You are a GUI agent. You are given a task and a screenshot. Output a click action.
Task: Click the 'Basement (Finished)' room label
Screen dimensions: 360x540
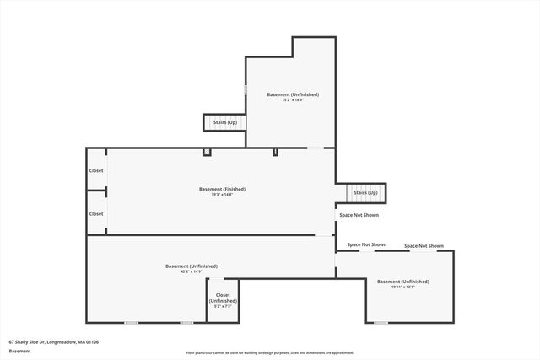(x=222, y=189)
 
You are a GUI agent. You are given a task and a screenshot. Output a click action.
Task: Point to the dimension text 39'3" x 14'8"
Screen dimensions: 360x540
(x=222, y=195)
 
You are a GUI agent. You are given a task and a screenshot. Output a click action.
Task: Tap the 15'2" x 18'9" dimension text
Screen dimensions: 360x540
(x=293, y=99)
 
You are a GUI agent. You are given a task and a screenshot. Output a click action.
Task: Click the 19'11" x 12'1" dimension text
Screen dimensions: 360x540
(x=402, y=287)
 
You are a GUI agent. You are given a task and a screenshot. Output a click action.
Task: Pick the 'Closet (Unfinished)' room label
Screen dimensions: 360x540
(x=223, y=298)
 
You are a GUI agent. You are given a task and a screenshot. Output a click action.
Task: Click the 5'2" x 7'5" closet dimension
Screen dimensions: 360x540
(x=223, y=306)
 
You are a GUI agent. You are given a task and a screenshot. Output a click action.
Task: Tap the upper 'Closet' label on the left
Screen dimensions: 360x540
(x=96, y=171)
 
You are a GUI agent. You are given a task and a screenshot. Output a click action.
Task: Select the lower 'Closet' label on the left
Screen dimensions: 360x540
(x=96, y=213)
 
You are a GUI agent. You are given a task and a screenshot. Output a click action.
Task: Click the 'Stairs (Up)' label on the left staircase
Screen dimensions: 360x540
(x=224, y=122)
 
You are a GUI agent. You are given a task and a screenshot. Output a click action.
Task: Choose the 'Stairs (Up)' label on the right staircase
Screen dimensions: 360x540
(x=365, y=193)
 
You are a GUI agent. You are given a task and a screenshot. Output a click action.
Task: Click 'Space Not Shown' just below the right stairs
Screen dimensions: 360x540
(x=359, y=215)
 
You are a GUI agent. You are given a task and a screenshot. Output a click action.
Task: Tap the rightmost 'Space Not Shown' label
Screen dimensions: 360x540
(x=424, y=246)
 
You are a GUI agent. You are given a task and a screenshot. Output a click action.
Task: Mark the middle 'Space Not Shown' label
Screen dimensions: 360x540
(x=367, y=245)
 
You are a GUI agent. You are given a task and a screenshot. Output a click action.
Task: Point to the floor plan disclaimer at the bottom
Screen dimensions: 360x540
(x=270, y=353)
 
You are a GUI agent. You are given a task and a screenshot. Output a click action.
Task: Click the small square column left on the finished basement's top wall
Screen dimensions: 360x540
(x=206, y=152)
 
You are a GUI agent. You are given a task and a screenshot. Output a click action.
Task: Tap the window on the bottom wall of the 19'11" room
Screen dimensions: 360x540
(x=381, y=322)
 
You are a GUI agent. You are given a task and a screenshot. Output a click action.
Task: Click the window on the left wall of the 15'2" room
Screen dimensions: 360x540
(x=246, y=89)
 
